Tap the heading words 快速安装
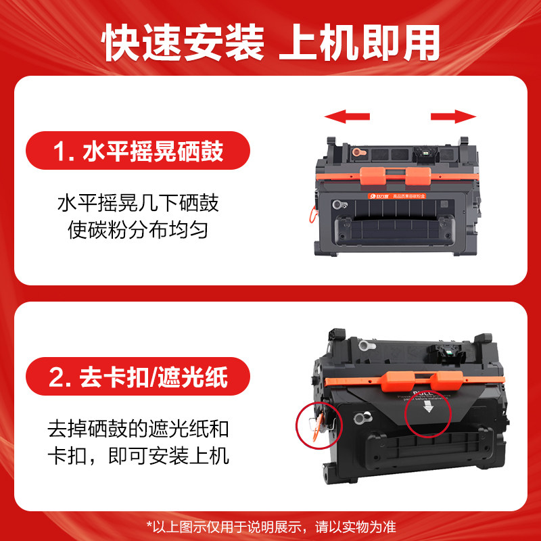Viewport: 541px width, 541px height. coord(183,43)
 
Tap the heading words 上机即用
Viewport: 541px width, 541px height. coord(358,43)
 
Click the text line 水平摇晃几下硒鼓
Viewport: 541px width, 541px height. coord(139,203)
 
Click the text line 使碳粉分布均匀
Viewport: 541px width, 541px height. coord(139,230)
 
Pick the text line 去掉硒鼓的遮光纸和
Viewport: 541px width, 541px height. coord(139,428)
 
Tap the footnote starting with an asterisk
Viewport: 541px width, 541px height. coord(270,525)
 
